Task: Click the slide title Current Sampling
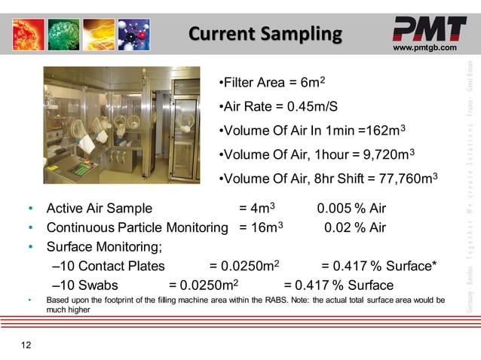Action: click(x=265, y=34)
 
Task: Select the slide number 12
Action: click(x=26, y=345)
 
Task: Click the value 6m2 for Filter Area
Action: click(x=307, y=81)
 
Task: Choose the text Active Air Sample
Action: click(x=100, y=209)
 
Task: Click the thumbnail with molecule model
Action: click(x=133, y=35)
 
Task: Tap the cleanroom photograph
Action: click(x=121, y=124)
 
